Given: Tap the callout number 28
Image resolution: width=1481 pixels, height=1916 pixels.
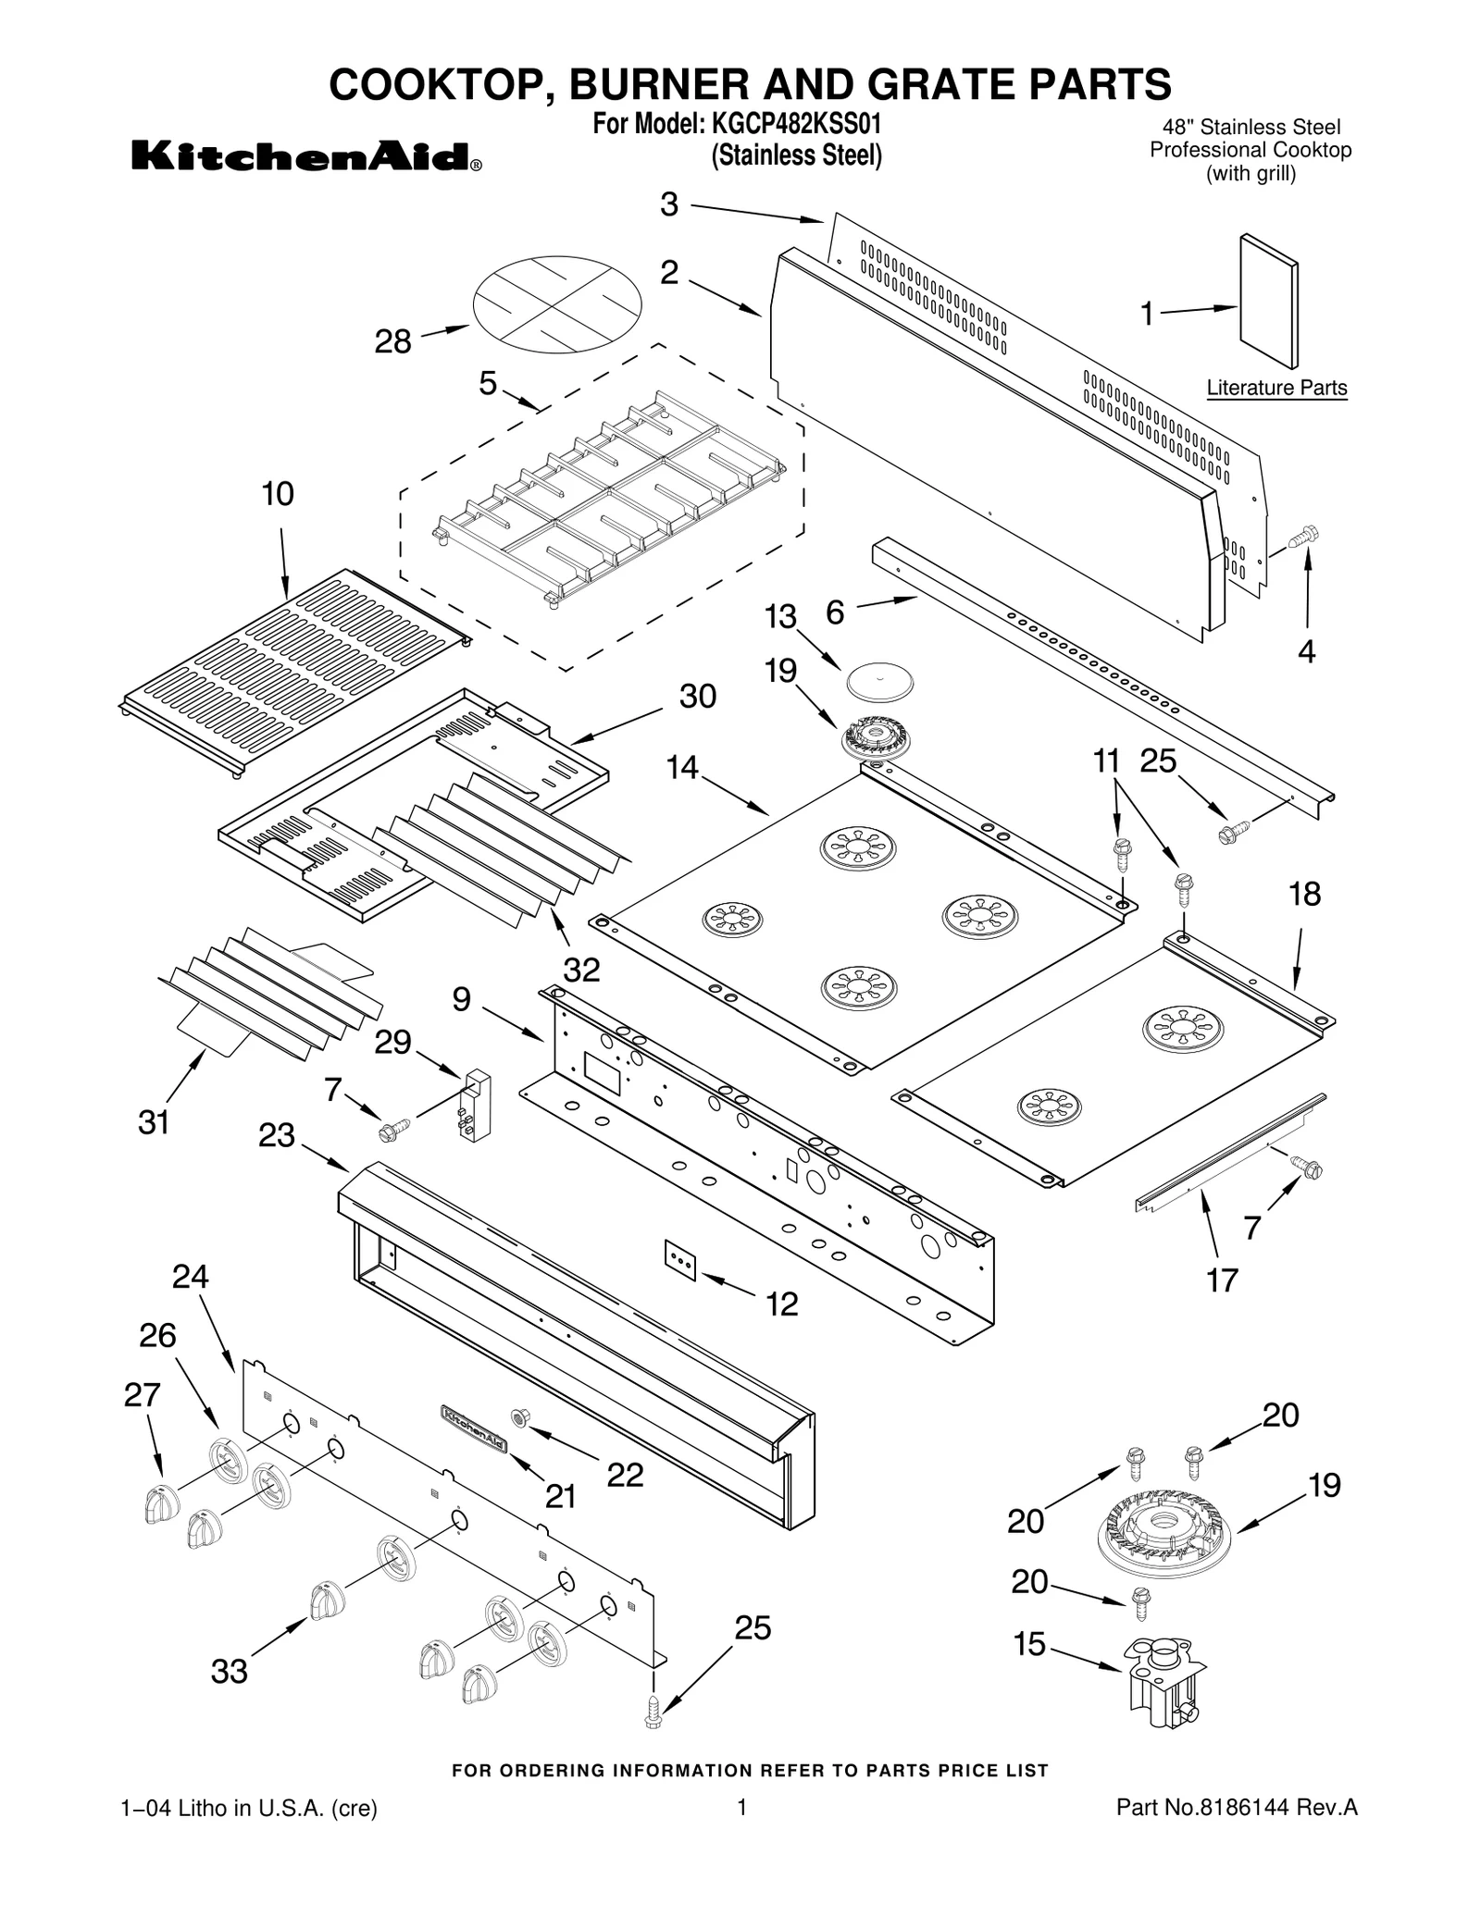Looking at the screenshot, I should tap(392, 342).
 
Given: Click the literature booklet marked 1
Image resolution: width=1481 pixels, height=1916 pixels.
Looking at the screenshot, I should tap(1268, 302).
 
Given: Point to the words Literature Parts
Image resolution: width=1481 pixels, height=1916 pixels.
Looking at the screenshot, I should tap(1276, 388).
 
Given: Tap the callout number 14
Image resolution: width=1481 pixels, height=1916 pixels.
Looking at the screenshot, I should tap(682, 767).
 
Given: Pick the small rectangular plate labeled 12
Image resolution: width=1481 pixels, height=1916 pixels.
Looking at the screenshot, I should tap(680, 1261).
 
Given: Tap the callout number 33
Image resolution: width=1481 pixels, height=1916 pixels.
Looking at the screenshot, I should tap(229, 1671).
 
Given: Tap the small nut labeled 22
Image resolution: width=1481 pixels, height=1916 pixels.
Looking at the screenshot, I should tap(519, 1416).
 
